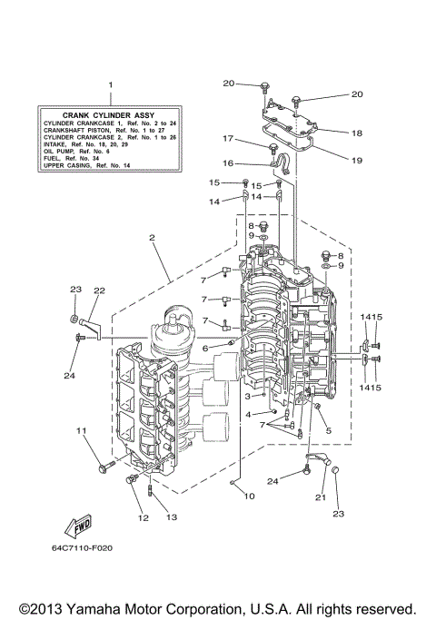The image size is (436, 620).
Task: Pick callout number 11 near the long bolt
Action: coord(81,430)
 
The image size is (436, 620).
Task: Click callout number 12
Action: coord(142,517)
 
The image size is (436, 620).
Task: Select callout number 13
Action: coord(170,517)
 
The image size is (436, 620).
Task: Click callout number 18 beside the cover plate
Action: coord(357,133)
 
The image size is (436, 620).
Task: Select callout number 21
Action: coord(320,497)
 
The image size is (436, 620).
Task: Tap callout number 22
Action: coord(99,290)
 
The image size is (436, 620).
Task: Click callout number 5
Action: coord(328,430)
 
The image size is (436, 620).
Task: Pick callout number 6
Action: coord(205,348)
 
